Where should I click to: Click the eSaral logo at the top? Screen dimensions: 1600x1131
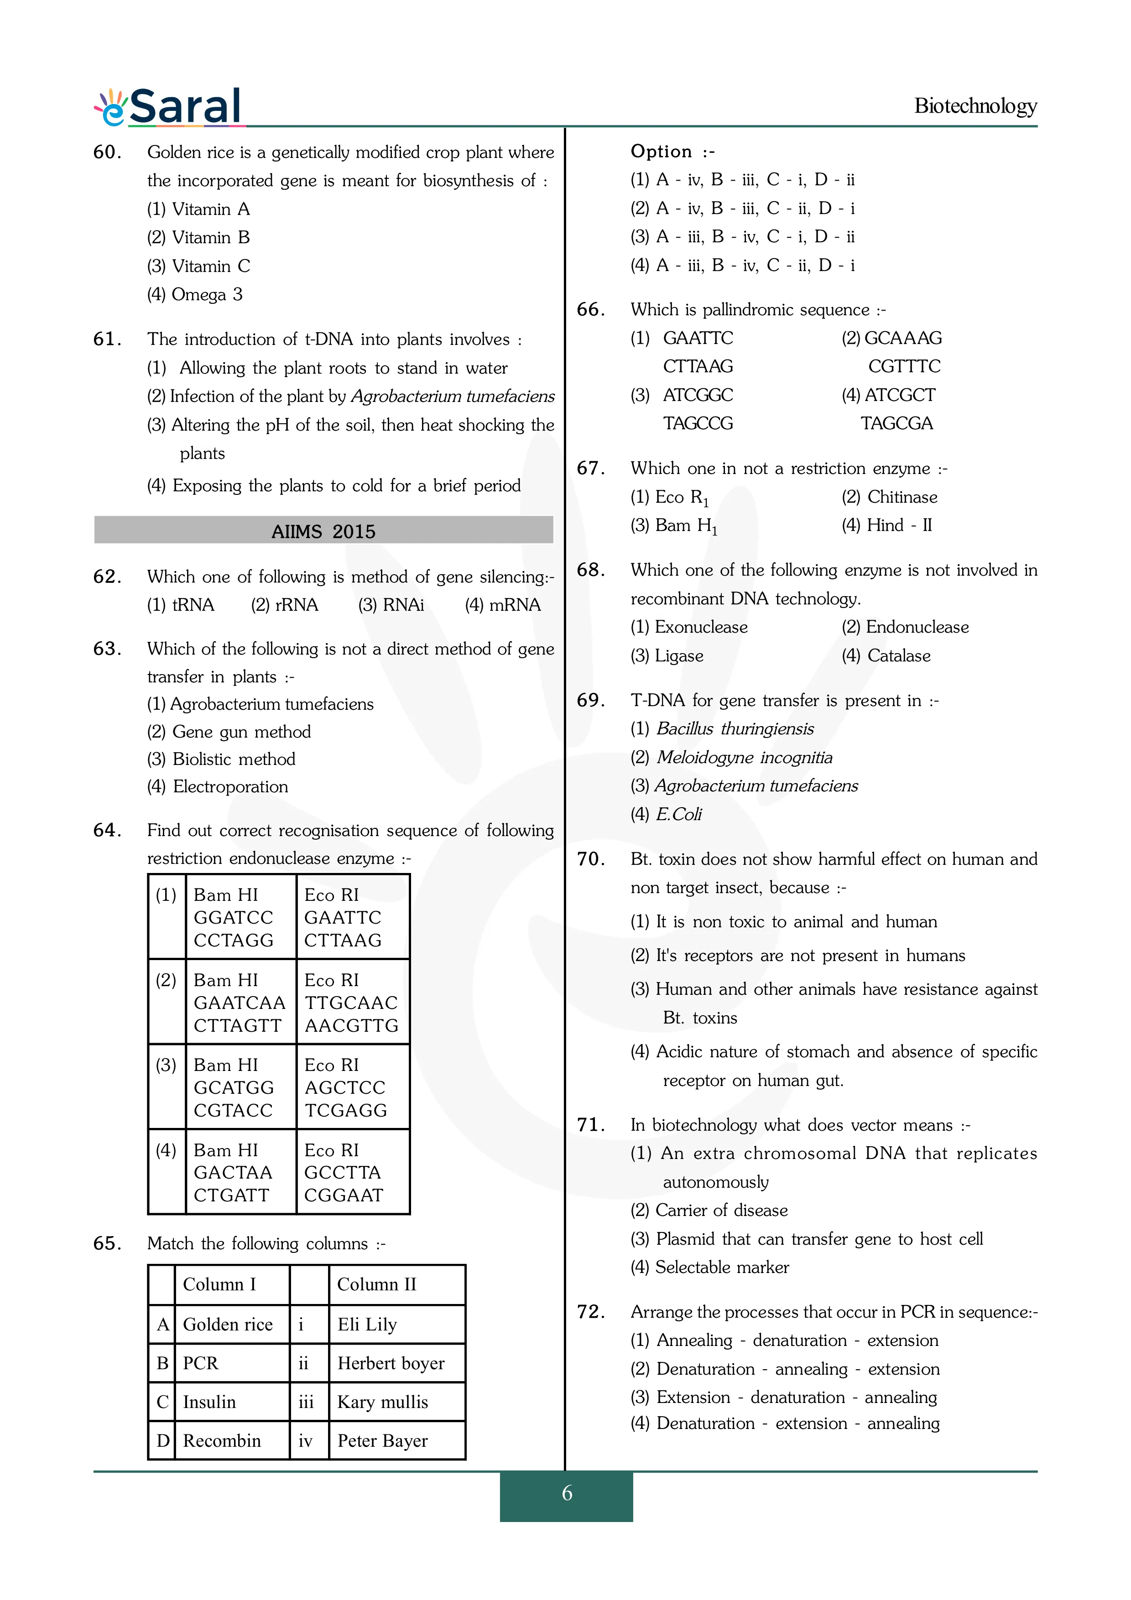(169, 107)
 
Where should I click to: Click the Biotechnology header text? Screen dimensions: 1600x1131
(975, 106)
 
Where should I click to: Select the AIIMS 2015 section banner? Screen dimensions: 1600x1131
(323, 531)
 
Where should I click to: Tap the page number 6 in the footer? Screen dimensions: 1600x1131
(567, 1493)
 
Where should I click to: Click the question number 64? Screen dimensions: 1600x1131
(107, 830)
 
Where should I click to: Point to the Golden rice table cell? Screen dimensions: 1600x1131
(228, 1324)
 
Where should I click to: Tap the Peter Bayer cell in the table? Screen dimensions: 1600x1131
(383, 1440)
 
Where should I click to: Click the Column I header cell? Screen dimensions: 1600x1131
(219, 1284)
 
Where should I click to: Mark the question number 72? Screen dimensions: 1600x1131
(591, 1311)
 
